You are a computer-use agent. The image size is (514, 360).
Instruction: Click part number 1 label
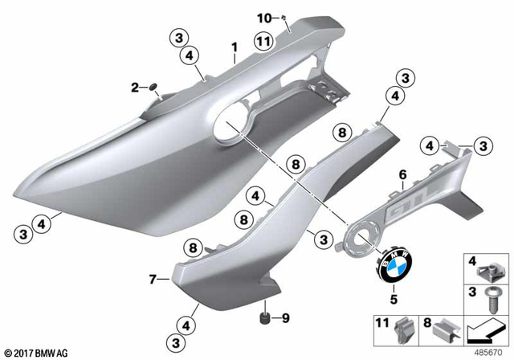[x=234, y=47]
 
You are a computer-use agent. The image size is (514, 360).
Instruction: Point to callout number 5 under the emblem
[x=394, y=300]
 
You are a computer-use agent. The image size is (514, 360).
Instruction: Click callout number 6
[x=402, y=174]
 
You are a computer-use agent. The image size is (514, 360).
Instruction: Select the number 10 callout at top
[x=267, y=17]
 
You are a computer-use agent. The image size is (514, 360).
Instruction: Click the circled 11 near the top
[x=263, y=41]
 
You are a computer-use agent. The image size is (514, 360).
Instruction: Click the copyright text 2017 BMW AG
[x=37, y=352]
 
